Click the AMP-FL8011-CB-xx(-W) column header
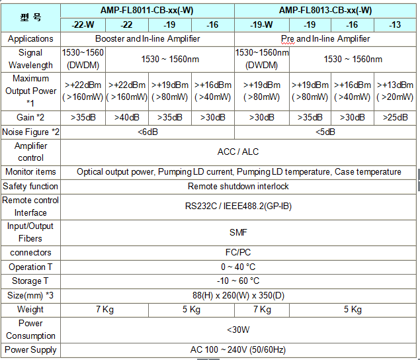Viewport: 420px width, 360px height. pyautogui.click(x=147, y=10)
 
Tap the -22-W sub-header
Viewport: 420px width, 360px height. pyautogui.click(x=83, y=24)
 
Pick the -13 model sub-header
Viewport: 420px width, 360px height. pyautogui.click(x=394, y=24)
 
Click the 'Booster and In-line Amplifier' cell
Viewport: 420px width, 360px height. pyautogui.click(x=147, y=38)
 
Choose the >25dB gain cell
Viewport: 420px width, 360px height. pyautogui.click(x=394, y=118)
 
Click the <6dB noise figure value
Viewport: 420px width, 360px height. pyautogui.click(x=147, y=132)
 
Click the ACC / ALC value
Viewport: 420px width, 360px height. pyautogui.click(x=238, y=152)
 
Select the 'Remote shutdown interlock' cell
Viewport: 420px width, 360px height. pyautogui.click(x=238, y=186)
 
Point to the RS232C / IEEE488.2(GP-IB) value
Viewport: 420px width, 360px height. pyautogui.click(x=238, y=206)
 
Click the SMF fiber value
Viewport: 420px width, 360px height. pyautogui.click(x=238, y=232)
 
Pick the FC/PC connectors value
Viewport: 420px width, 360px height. pyautogui.click(x=238, y=253)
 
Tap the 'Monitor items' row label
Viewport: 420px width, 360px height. pyautogui.click(x=30, y=172)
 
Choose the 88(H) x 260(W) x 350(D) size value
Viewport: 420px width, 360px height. pyautogui.click(x=238, y=295)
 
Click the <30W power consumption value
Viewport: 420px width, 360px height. pyautogui.click(x=238, y=329)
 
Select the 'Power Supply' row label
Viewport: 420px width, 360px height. pyautogui.click(x=30, y=349)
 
